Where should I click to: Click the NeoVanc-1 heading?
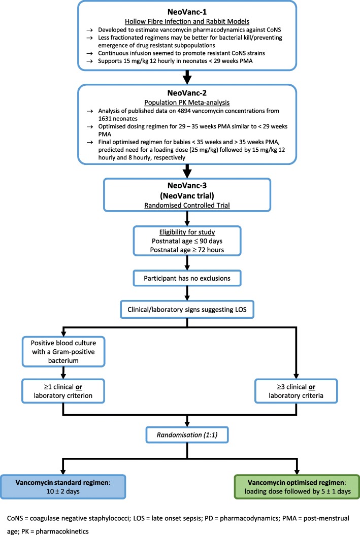187,12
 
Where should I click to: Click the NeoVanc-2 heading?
187,93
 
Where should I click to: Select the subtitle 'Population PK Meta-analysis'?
187,103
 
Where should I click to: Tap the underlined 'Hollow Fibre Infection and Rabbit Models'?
187,21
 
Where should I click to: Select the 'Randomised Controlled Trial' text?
187,206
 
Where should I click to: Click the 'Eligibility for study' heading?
187,232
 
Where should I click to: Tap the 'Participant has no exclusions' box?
187,278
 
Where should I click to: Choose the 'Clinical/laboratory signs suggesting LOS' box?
187,310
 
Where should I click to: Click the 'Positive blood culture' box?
63,352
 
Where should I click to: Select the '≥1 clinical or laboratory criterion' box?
63,391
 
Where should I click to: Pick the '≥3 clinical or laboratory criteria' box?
296,391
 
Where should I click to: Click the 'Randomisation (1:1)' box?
187,434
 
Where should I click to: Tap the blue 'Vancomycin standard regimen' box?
63,487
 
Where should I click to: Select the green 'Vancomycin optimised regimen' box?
297,487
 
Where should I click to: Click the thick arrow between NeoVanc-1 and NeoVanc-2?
187,77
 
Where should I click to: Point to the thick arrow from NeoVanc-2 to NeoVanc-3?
187,171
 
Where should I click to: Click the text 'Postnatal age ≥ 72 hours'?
187,250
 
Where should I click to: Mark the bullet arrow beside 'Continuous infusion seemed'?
90,53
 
